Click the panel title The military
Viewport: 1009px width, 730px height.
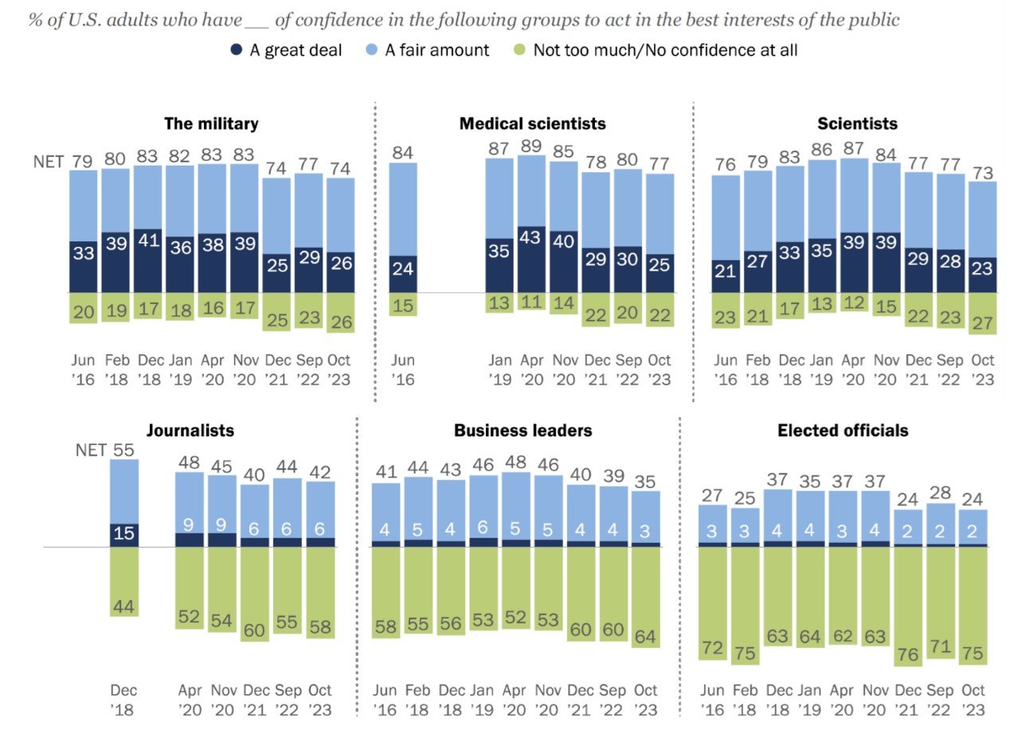coord(211,123)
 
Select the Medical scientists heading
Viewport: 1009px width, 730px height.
coord(533,123)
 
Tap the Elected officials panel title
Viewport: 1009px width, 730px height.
coord(843,431)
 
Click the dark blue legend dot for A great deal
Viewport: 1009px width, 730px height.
coord(236,49)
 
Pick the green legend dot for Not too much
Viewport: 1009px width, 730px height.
coord(519,49)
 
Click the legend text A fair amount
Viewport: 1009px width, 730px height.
coord(436,50)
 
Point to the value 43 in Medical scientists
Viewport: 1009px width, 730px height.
coord(530,237)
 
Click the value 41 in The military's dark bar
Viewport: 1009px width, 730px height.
coord(149,240)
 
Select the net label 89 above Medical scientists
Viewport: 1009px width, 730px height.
coord(531,146)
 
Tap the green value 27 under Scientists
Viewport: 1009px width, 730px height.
coord(982,323)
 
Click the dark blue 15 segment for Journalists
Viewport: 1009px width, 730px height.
coord(124,533)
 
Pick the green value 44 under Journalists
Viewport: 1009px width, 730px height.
coord(124,607)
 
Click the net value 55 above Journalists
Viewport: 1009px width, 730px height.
coord(124,450)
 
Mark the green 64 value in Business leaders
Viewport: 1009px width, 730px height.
coord(645,637)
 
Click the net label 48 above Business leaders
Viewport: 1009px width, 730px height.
coord(515,462)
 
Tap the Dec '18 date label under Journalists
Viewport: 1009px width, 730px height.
coord(123,700)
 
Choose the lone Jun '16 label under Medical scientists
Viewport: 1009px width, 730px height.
coord(403,369)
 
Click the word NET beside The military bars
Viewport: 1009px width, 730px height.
coord(49,162)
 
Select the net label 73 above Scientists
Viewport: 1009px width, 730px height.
coord(983,173)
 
